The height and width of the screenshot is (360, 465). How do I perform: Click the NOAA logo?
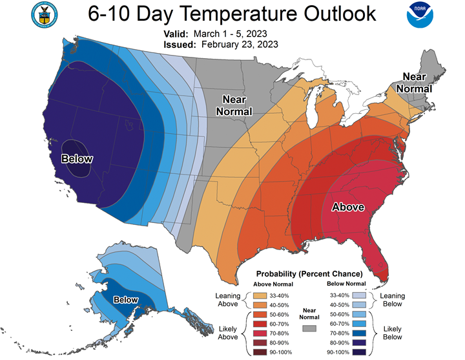(420, 15)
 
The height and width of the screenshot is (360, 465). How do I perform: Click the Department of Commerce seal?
(45, 15)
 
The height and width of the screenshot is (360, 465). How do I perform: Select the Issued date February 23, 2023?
(240, 45)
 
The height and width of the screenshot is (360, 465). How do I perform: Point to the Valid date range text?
(230, 34)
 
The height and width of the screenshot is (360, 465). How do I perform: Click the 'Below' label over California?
(77, 159)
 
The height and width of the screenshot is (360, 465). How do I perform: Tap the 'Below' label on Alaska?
(126, 300)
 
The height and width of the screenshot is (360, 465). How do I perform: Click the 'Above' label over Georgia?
(348, 207)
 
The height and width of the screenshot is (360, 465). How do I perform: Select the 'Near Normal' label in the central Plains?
(234, 105)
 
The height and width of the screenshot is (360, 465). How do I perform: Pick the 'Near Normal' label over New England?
(414, 83)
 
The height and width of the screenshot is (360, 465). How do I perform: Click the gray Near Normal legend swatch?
(309, 328)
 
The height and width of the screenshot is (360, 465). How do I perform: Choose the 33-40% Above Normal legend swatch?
(260, 295)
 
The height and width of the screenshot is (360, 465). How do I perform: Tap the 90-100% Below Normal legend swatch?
(359, 352)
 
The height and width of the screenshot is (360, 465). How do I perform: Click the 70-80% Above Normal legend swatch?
(260, 334)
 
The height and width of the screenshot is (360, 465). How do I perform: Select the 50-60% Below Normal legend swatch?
(359, 314)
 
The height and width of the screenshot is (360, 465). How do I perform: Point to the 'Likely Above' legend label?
(228, 333)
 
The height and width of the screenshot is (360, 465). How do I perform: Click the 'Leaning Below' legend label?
(393, 300)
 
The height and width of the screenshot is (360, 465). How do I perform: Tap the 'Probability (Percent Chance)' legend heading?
(309, 273)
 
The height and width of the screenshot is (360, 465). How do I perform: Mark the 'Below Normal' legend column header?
(346, 284)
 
